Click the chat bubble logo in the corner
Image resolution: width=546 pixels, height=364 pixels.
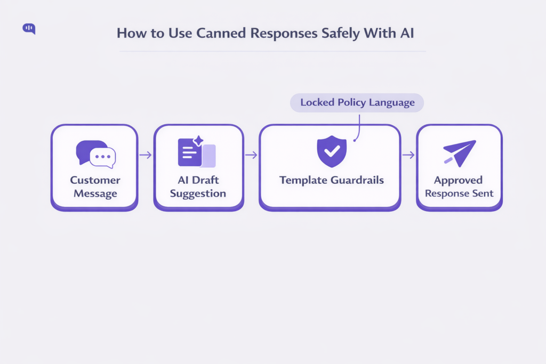[x=29, y=29]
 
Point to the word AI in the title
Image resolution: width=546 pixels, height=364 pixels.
[x=406, y=33]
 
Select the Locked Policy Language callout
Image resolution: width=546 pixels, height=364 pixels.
[x=357, y=102]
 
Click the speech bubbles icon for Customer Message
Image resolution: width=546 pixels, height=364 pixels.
[x=95, y=154]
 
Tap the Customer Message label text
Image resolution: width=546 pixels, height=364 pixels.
[x=95, y=187]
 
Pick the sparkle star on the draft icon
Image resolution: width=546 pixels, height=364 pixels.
[x=198, y=141]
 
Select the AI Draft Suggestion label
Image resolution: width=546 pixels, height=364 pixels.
[x=198, y=187]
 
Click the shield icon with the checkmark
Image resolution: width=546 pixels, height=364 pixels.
[x=331, y=151]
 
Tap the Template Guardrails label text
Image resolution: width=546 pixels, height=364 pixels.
[x=331, y=180]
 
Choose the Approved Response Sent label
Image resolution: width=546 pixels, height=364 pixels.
[x=459, y=187]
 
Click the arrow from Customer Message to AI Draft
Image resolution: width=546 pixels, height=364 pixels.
[x=145, y=155]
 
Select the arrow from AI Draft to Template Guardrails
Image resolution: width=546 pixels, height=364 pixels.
[x=251, y=155]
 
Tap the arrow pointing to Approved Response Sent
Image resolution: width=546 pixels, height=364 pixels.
[x=408, y=155]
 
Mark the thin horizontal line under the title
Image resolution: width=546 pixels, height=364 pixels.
[x=272, y=52]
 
